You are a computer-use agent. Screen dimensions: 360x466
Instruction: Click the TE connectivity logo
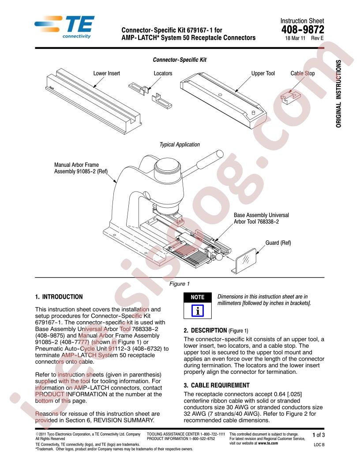coord(64,27)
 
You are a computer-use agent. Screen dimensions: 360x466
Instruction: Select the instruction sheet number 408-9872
coord(303,30)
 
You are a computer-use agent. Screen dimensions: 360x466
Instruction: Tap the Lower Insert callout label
coord(107,73)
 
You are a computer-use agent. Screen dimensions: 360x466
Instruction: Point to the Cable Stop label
coord(302,73)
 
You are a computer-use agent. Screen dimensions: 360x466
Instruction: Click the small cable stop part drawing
coord(290,97)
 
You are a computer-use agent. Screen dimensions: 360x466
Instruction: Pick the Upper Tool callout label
coord(263,73)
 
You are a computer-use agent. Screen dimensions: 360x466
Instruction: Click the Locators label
coord(163,73)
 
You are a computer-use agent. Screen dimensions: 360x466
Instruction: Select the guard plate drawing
coord(244,261)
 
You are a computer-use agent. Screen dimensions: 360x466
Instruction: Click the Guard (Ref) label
coord(278,243)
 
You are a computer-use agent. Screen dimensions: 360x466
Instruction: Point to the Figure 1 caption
coord(180,284)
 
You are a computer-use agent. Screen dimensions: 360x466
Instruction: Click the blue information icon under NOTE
coord(198,311)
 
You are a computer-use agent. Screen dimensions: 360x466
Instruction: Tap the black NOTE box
coord(198,297)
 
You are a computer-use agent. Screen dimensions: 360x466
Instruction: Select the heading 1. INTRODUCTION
coord(59,297)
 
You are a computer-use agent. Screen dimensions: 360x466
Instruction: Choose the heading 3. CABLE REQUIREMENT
coord(217,385)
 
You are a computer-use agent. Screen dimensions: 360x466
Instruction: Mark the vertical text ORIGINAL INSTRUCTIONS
coord(339,94)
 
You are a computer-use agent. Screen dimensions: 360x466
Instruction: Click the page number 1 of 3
coord(319,435)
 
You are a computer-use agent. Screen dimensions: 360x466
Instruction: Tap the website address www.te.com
coord(268,443)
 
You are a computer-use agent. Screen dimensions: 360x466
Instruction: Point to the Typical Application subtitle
coord(180,145)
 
